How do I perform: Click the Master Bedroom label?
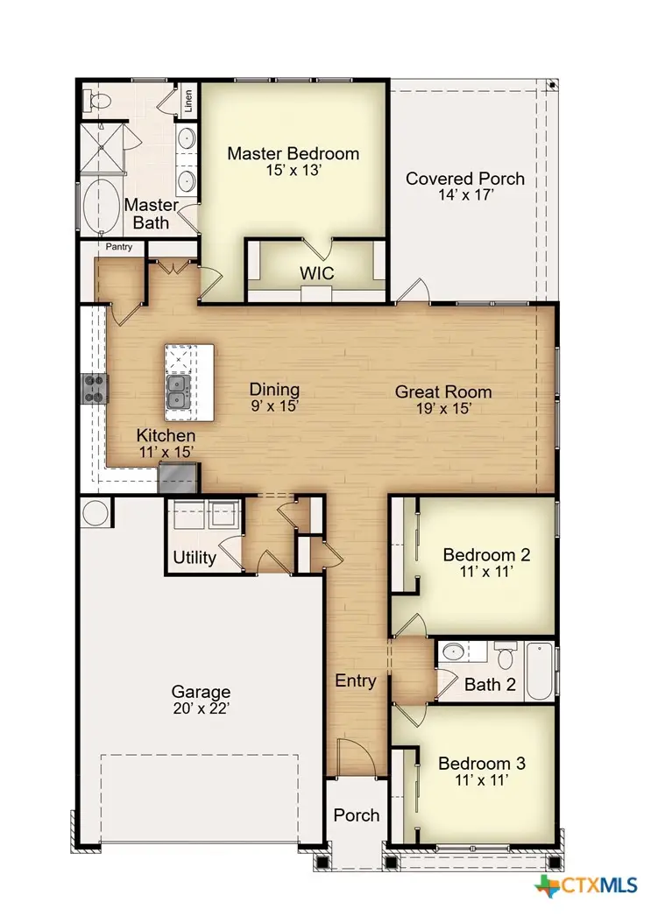pos(293,154)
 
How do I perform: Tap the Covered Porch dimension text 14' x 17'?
pos(464,196)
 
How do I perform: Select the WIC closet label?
pos(316,273)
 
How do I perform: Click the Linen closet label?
pos(188,101)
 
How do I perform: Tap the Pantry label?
pos(119,248)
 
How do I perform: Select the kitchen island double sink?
pos(180,392)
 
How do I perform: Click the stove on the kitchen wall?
pos(95,387)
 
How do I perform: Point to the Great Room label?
pos(442,391)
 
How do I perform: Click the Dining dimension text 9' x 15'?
pos(274,407)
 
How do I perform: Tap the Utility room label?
pos(195,558)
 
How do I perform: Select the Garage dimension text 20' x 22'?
pos(201,708)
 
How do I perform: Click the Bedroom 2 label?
pos(486,554)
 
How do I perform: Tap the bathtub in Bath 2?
pos(540,671)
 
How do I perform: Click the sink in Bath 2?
pos(453,652)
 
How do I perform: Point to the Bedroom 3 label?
pos(482,763)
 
